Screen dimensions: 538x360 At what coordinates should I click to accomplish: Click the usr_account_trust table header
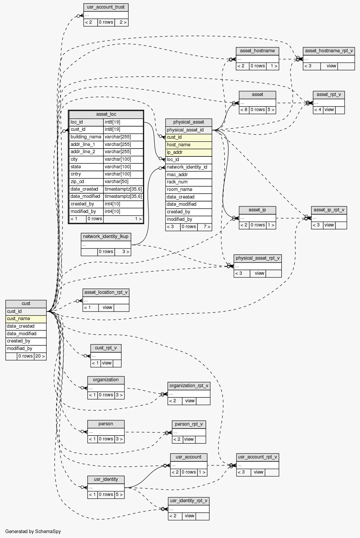pos(106,7)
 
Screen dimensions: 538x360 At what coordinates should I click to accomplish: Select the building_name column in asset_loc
pos(86,137)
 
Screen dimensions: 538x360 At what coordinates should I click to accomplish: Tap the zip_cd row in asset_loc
pos(86,182)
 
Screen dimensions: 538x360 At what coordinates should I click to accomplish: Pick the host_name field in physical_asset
pos(189,145)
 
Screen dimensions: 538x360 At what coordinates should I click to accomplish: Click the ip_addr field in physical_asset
pos(189,152)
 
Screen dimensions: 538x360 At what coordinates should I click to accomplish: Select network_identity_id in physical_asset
pos(189,167)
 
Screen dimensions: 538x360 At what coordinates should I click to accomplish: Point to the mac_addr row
pos(189,175)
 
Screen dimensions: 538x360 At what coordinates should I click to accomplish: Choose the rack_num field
pos(189,182)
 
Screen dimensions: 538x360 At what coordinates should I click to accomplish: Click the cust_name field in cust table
pos(26,319)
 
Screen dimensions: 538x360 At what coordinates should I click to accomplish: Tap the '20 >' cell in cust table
pos(40,356)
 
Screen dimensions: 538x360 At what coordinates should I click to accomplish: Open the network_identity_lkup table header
pos(106,237)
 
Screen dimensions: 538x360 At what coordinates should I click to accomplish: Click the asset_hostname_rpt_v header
pos(329,51)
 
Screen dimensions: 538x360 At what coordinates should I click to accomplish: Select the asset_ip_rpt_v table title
pos(329,210)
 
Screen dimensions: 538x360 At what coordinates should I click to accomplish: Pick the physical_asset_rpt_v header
pos(258,258)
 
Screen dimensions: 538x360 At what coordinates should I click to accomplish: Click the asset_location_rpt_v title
pos(106,292)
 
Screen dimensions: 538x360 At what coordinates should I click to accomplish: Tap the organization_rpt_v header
pos(189,386)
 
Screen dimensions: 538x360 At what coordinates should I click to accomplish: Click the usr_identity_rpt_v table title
pos(189,501)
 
